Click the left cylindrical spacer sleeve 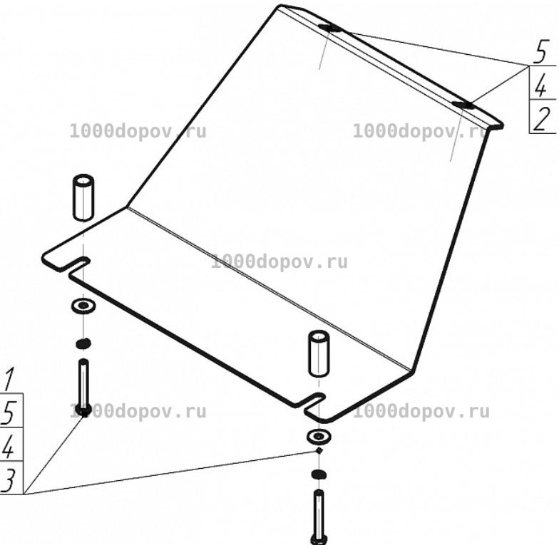click(x=83, y=197)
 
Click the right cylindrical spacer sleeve click(x=319, y=353)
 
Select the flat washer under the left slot click(x=83, y=306)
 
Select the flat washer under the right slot click(x=318, y=436)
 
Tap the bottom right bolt click(x=319, y=517)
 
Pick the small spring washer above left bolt click(x=83, y=343)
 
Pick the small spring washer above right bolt click(x=319, y=474)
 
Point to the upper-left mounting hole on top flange click(x=329, y=28)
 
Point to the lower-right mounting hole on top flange click(x=463, y=104)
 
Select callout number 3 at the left click(x=9, y=480)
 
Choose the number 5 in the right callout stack click(x=540, y=53)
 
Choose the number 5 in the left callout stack click(x=9, y=412)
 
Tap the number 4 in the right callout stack click(x=540, y=85)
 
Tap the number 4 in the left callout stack click(x=9, y=446)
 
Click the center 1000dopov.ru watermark click(x=279, y=262)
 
